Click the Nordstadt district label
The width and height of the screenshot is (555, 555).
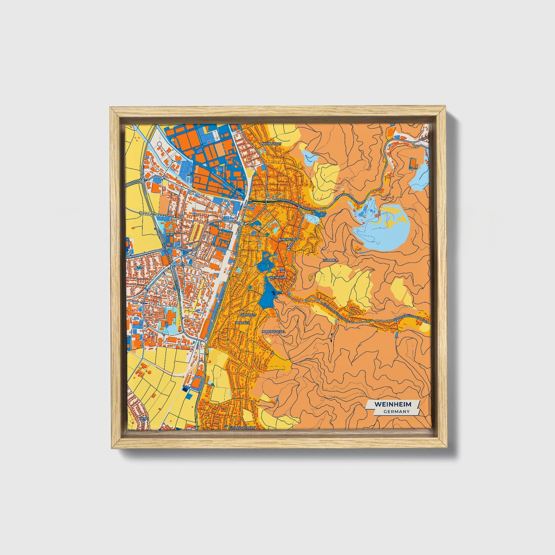click(x=271, y=144)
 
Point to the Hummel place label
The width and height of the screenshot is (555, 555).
click(x=330, y=260)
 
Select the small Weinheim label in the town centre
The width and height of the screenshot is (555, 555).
click(x=278, y=277)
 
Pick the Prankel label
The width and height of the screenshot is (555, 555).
click(x=242, y=323)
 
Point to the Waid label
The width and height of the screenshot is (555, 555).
click(x=144, y=418)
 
